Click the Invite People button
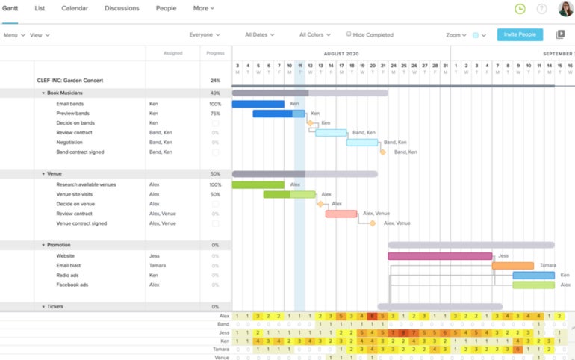[520, 34]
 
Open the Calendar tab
[75, 8]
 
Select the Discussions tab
[122, 8]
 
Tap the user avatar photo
[565, 9]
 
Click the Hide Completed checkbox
[349, 34]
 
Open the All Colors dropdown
[315, 34]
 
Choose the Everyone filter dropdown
[205, 34]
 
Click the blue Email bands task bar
[258, 104]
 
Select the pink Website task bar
[439, 256]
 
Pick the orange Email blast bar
[512, 266]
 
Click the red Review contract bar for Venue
[341, 214]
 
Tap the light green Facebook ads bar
[533, 285]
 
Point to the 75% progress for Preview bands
[215, 114]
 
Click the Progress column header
[215, 54]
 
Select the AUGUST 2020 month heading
[341, 54]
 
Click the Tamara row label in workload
[221, 349]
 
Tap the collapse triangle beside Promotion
[43, 245]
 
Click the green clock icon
[520, 9]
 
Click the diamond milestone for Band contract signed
[383, 152]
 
